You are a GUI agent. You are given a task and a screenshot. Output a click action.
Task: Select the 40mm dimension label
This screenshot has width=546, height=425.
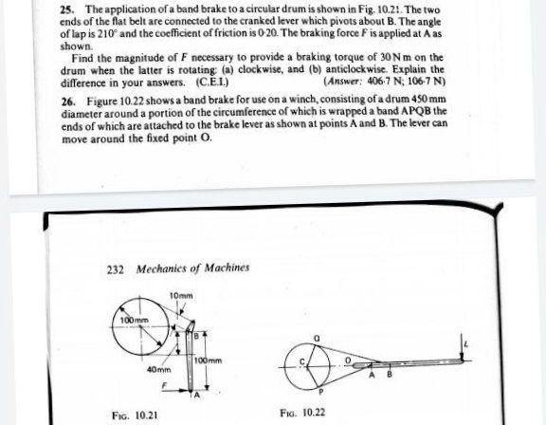[x=157, y=369]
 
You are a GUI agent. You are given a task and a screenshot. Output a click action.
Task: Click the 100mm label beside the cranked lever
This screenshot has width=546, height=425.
[x=207, y=361]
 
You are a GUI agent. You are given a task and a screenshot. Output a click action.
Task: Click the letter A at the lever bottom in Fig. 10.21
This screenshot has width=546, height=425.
[x=197, y=396]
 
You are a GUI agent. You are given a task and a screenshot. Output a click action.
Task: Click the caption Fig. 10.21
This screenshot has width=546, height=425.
[x=133, y=415]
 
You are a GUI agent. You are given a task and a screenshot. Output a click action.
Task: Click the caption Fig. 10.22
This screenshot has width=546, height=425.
[x=303, y=414]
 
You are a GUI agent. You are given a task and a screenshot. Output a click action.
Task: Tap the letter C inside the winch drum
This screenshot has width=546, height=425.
[x=302, y=361]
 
